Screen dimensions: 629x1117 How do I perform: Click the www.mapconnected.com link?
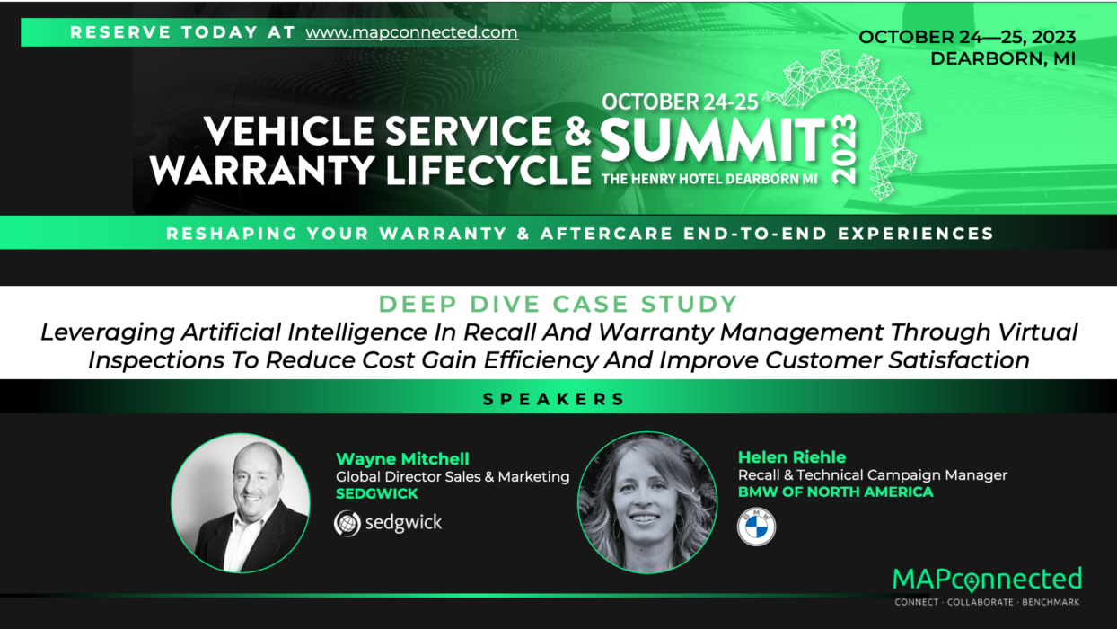[411, 32]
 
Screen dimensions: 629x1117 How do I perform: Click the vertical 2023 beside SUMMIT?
[845, 148]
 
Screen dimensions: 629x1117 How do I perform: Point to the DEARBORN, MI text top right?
[1002, 59]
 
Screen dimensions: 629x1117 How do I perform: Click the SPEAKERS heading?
[553, 399]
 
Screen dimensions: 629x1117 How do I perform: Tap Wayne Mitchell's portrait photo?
[241, 503]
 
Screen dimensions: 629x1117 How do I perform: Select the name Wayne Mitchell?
[402, 459]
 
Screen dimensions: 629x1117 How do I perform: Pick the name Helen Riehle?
[791, 457]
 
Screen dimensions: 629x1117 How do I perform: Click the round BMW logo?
[756, 527]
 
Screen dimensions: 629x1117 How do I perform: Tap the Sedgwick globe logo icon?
[347, 523]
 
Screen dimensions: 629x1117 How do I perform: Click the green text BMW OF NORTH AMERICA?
[835, 492]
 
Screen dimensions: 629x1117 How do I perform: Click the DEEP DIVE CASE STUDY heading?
[558, 304]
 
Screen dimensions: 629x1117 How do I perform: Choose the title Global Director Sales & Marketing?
[453, 477]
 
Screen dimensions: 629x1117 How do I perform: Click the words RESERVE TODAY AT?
[182, 32]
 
